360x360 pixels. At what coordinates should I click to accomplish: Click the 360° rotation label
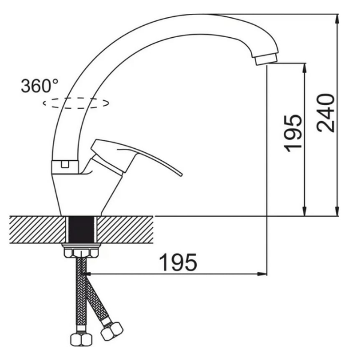point(40,86)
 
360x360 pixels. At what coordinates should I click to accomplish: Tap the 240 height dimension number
point(326,113)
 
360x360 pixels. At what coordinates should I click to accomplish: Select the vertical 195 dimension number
point(293,133)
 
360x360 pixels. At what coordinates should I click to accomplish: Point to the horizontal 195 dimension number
point(178,262)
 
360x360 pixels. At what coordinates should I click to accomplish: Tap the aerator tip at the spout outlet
point(266,59)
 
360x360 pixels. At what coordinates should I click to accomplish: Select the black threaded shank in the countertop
point(81,229)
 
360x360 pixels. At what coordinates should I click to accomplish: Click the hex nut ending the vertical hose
point(81,340)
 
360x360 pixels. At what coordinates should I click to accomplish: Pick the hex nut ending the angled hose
point(112,331)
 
